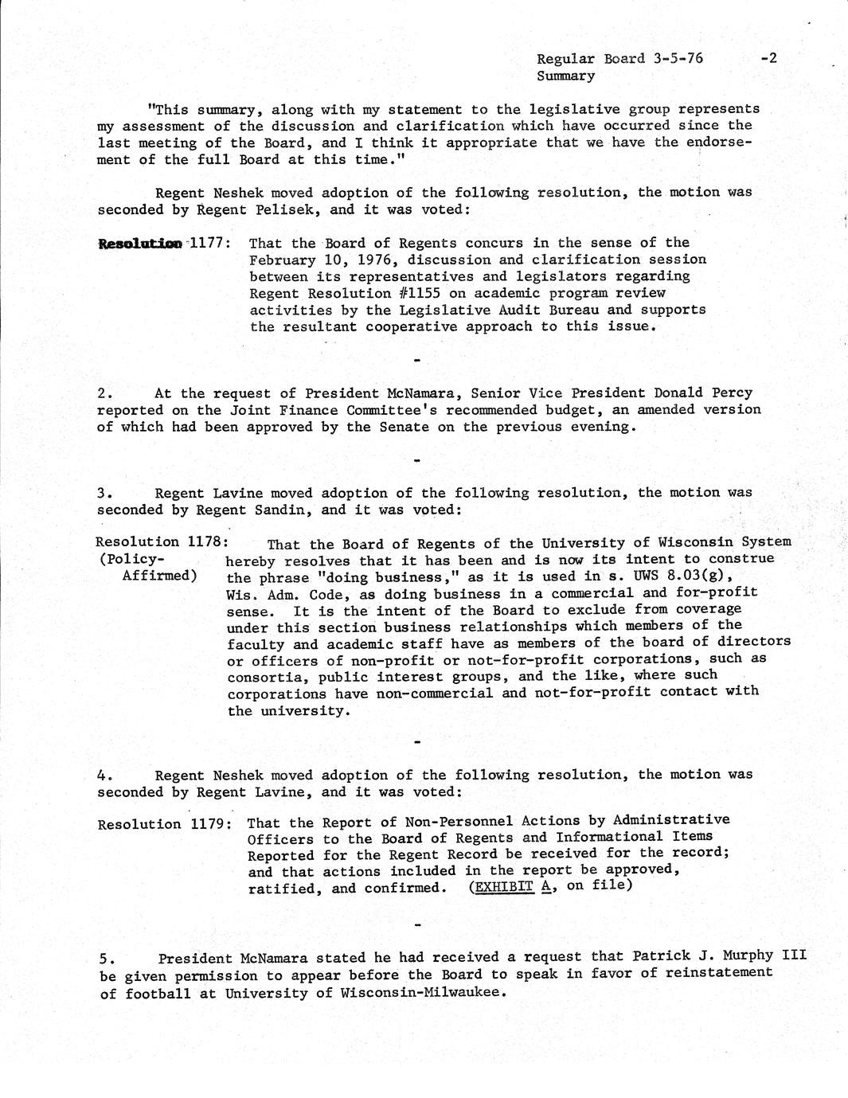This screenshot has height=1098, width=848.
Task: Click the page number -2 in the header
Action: (x=768, y=58)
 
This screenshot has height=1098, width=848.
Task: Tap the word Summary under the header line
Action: (x=565, y=76)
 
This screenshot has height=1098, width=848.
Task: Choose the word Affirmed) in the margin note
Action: (x=159, y=575)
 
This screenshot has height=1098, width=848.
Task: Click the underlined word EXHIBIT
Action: (x=503, y=886)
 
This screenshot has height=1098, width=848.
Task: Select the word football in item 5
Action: (x=158, y=993)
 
